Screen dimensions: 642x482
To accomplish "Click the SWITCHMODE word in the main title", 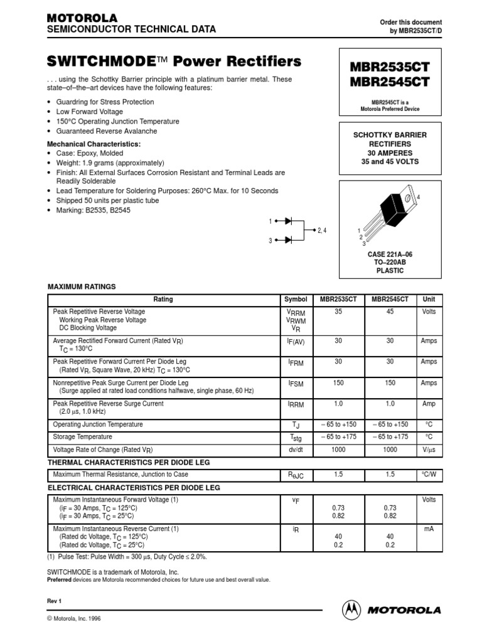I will click(101, 61).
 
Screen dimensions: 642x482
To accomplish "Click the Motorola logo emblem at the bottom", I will click(351, 609).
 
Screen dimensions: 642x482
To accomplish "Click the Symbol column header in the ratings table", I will click(296, 300).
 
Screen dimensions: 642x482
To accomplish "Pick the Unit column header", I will click(429, 300).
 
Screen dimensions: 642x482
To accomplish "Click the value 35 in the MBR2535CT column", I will click(338, 312).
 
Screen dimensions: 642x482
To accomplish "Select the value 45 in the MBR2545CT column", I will click(390, 312).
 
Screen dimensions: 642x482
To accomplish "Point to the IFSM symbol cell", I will click(296, 383).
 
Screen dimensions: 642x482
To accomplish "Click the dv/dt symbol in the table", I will click(296, 450).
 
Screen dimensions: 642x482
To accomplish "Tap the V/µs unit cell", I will click(429, 450).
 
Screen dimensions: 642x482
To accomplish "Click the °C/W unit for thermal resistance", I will click(429, 475).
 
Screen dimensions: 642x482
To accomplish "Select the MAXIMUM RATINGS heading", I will click(82, 287).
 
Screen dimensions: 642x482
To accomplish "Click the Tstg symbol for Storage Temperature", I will click(296, 438).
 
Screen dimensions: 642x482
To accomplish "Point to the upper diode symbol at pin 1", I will click(288, 221).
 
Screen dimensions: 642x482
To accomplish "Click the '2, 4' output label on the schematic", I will click(323, 231).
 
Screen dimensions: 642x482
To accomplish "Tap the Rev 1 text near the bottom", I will click(55, 601).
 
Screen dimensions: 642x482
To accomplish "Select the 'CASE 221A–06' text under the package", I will click(390, 254).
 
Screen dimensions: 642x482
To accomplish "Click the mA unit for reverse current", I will click(429, 529).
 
